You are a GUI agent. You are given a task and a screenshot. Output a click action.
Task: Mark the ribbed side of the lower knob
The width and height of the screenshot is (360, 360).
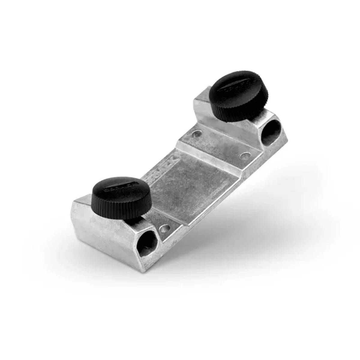coord(120,210)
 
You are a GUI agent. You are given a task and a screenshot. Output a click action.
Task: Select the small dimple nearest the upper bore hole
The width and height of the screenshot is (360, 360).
coord(246,156)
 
